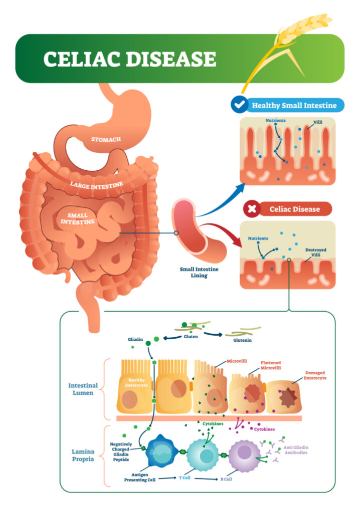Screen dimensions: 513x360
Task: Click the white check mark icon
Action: (x=240, y=105)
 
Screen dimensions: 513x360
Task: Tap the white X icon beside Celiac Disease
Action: (x=251, y=208)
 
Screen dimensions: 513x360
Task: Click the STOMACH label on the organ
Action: (x=106, y=139)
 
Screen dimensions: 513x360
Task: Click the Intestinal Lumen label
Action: (x=83, y=389)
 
